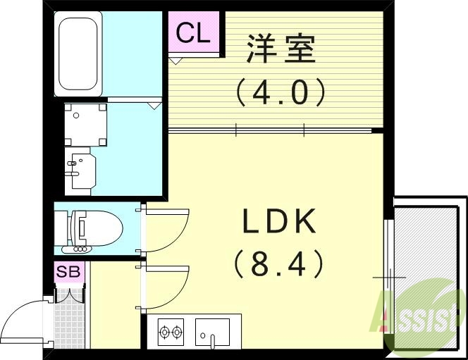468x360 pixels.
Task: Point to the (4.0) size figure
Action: click(x=281, y=92)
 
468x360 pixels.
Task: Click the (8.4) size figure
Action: click(x=278, y=265)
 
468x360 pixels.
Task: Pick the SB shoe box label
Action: click(x=69, y=271)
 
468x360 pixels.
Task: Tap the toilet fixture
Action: click(x=95, y=228)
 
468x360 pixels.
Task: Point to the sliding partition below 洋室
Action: click(x=271, y=130)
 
